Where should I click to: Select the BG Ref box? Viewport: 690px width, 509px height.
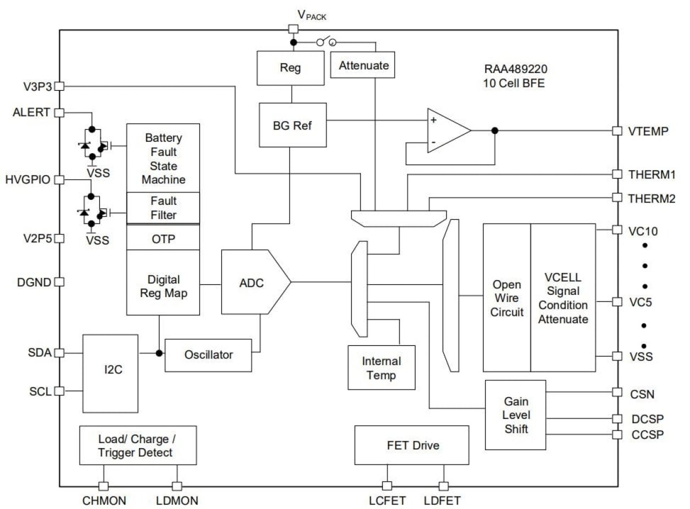(292, 125)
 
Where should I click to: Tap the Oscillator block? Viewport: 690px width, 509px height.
(208, 355)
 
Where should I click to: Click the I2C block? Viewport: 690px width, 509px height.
(110, 373)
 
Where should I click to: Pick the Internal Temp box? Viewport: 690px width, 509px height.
(381, 368)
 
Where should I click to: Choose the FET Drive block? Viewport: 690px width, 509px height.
(411, 445)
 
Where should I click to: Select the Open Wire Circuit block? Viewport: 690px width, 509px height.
(507, 298)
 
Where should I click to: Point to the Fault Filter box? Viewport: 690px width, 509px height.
(163, 208)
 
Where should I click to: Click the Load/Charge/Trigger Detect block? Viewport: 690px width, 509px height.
(137, 445)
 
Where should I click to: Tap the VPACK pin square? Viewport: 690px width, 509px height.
(293, 29)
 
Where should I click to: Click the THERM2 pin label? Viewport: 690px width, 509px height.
(652, 198)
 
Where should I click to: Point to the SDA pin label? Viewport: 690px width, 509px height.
(40, 353)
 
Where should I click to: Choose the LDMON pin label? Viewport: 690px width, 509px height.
(177, 501)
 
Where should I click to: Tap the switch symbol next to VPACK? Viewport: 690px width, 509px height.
(326, 42)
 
